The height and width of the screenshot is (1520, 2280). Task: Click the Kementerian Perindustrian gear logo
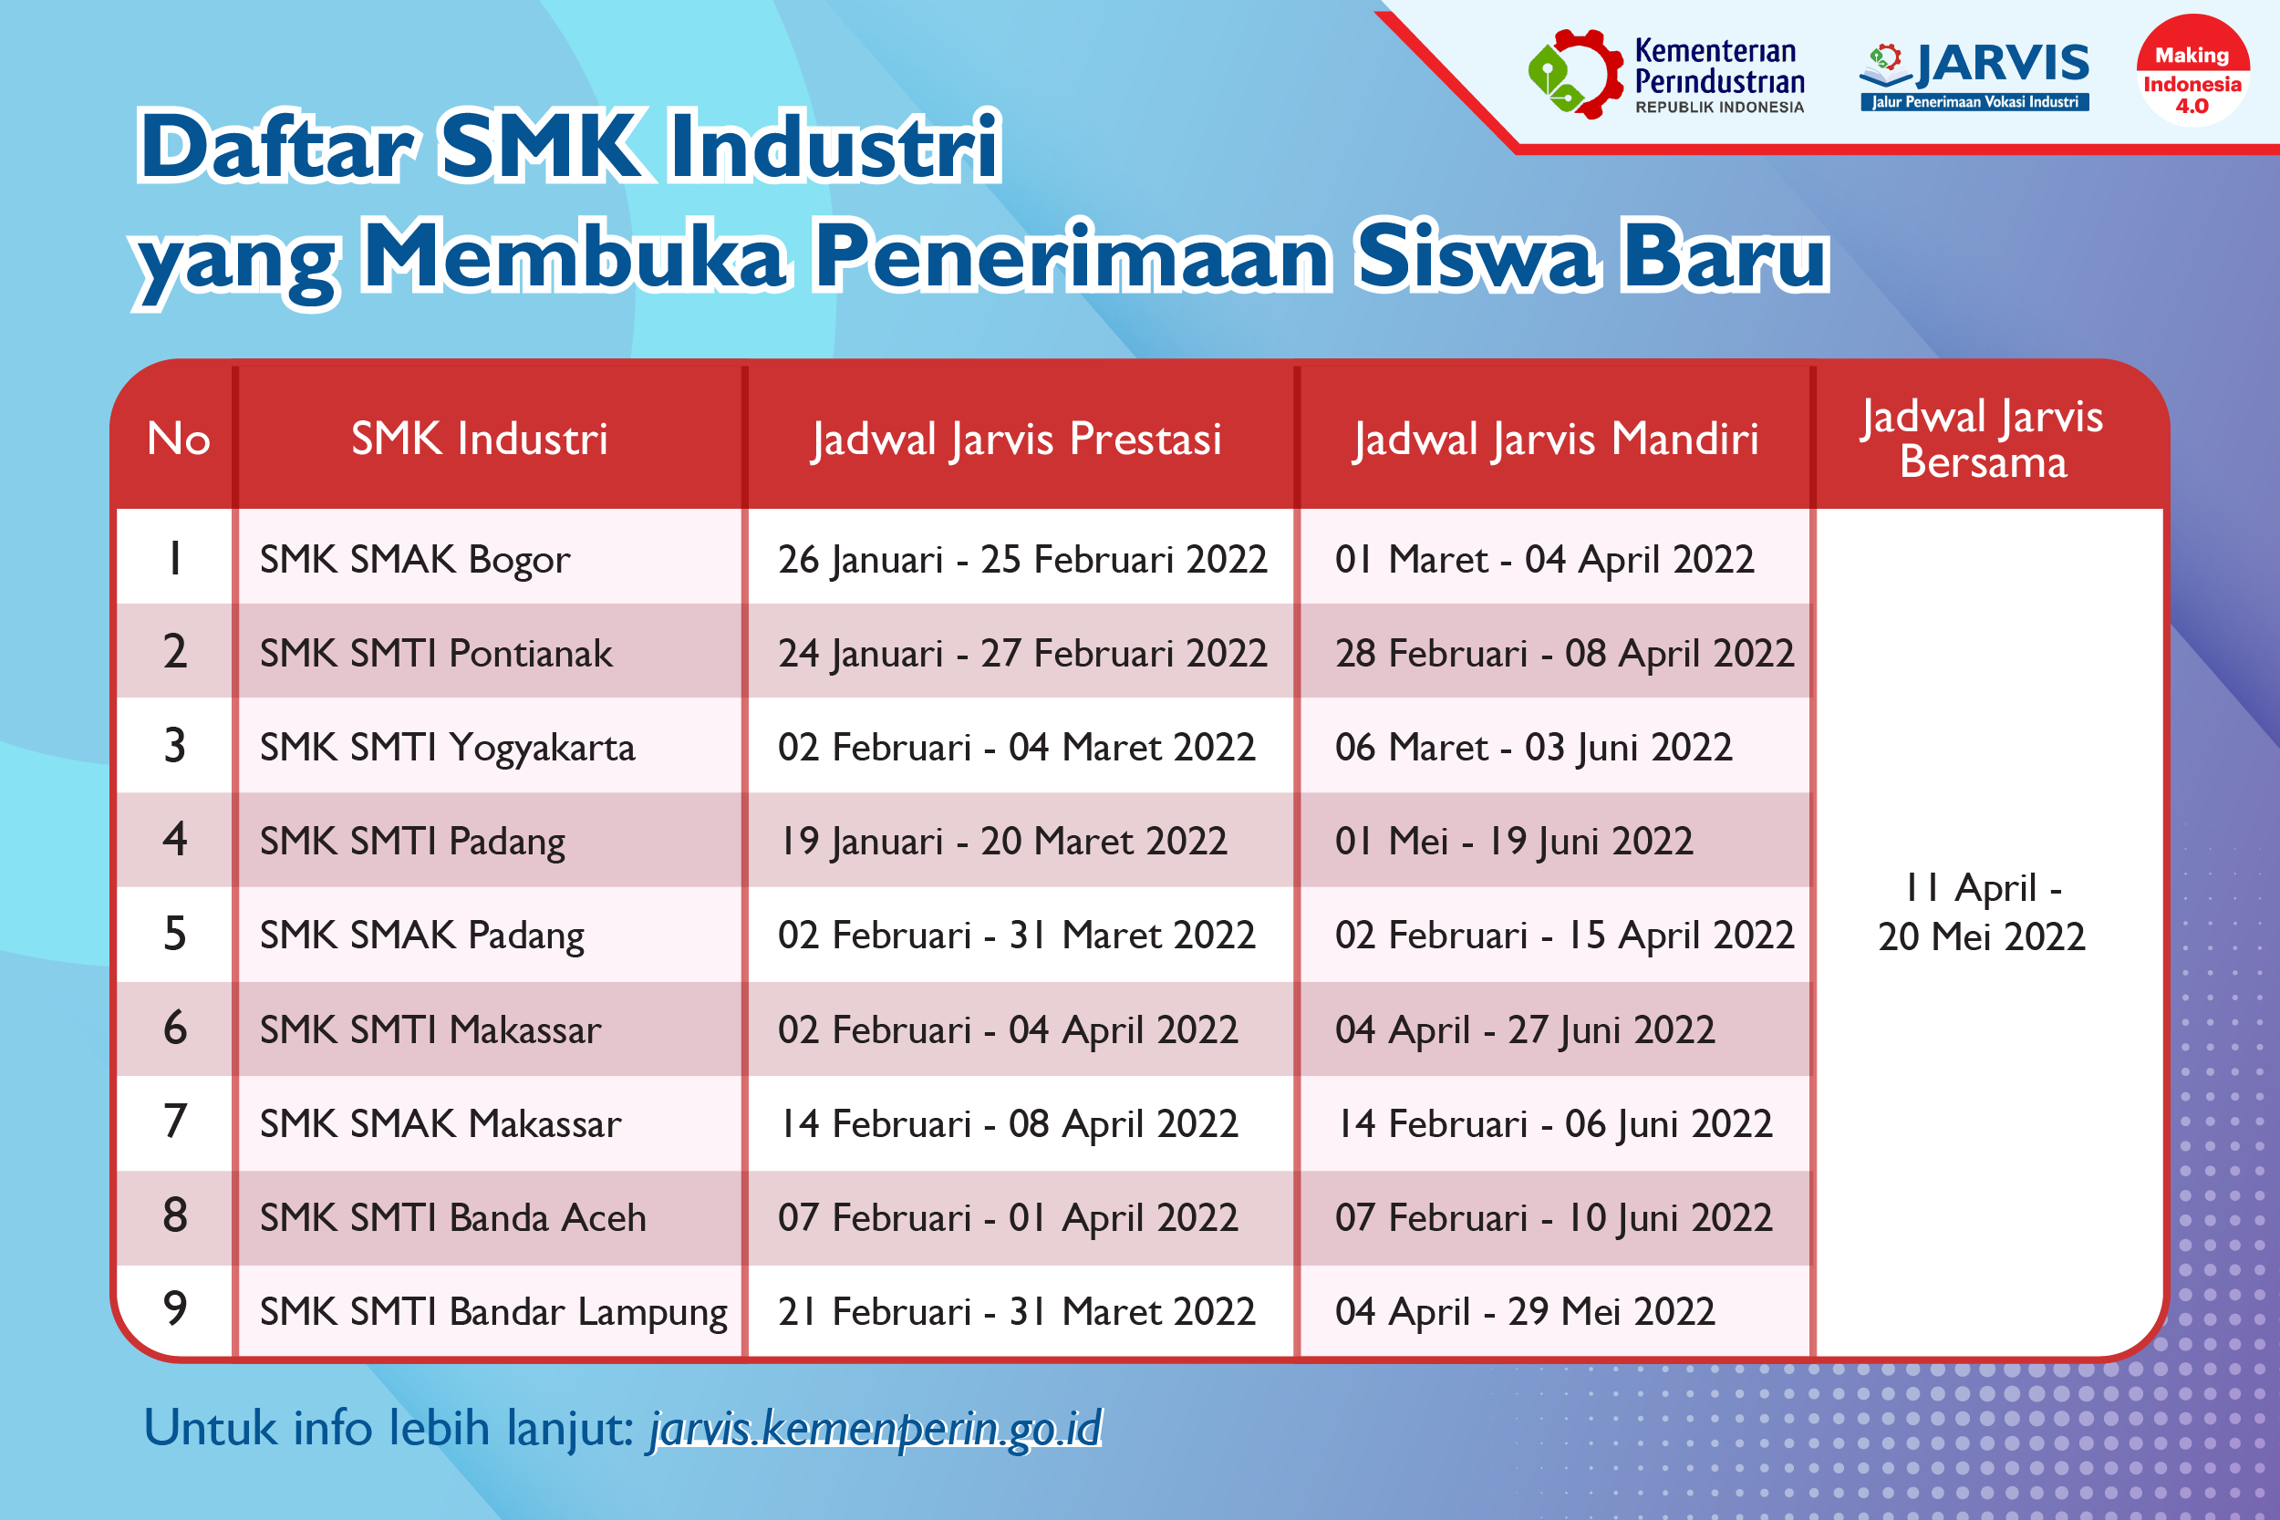point(1575,74)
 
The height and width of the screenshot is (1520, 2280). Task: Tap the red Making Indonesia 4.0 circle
point(2192,70)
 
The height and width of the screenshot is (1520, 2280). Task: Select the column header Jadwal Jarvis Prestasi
point(1017,439)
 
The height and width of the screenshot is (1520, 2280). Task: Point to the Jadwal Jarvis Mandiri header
point(1556,439)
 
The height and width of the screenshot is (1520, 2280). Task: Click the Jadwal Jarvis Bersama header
point(1983,439)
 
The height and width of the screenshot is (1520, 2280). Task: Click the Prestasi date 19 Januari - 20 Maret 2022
point(1003,841)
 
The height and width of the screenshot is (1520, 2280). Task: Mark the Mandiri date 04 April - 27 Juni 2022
point(1525,1029)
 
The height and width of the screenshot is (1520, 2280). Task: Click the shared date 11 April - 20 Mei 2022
point(1982,912)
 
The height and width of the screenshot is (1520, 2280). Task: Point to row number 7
point(175,1122)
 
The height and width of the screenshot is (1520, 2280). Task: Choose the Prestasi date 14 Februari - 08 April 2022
point(1008,1123)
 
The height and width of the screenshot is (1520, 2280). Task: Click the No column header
point(179,439)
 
